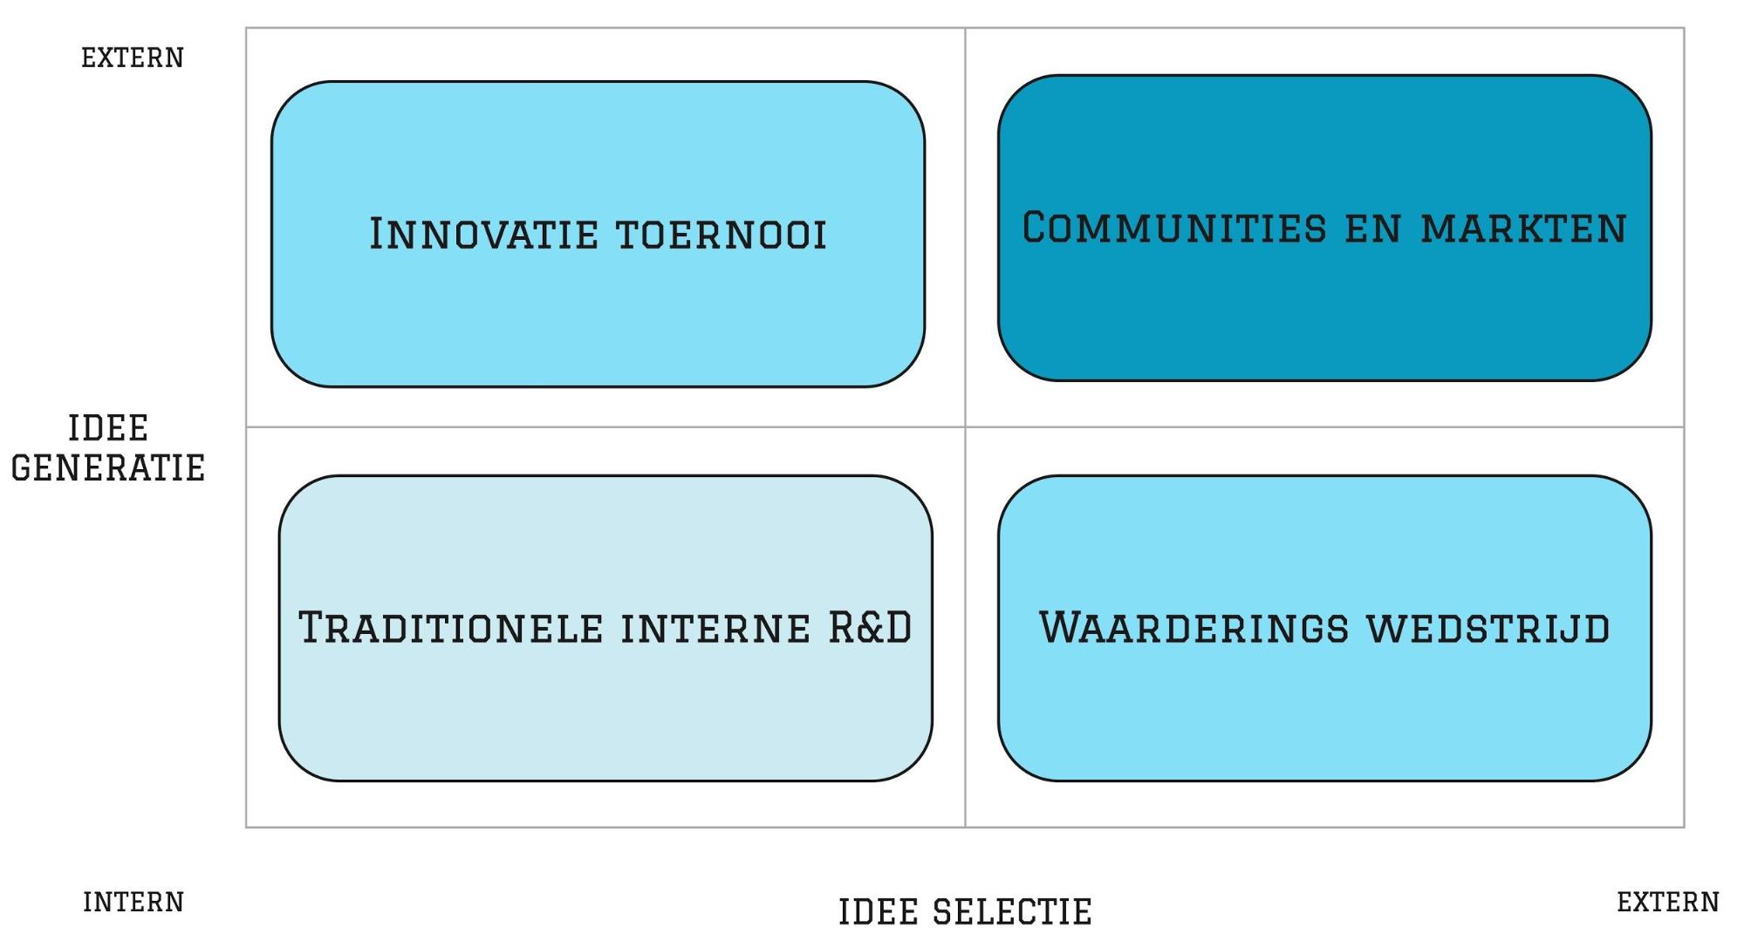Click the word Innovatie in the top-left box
coord(483,234)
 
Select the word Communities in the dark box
coord(1174,228)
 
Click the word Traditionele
coord(450,628)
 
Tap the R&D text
coord(870,628)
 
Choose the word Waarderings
coord(1193,628)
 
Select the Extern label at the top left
coord(133,58)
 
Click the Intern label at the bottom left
coord(133,902)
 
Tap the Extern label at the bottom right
coord(1668,902)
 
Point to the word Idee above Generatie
coord(108,428)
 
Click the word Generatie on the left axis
coord(108,468)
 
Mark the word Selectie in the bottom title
coord(1013,912)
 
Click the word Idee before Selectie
coord(878,912)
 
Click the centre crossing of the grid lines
coord(965,427)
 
